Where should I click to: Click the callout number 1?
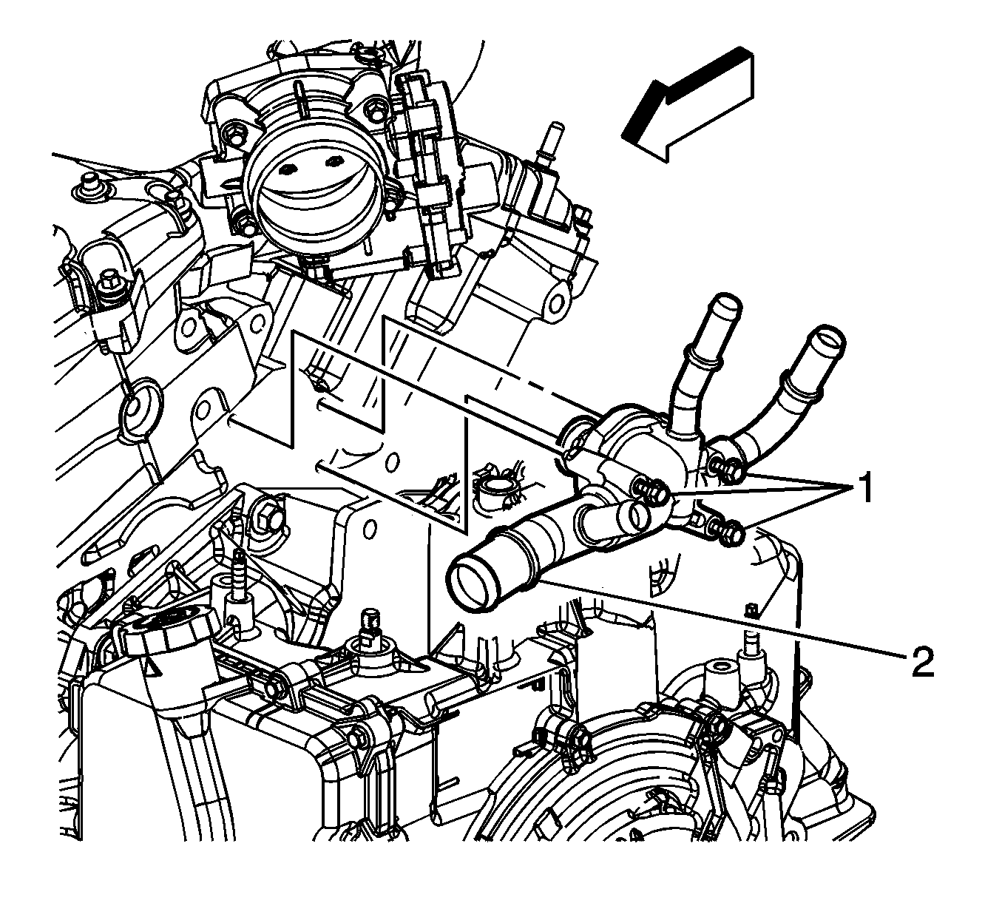[864, 488]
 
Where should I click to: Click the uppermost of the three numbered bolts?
[727, 469]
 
